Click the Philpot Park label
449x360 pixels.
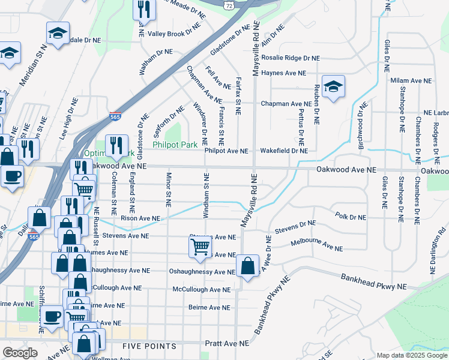[x=175, y=145]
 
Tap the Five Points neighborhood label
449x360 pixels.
[x=149, y=346]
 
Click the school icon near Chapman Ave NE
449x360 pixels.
[x=333, y=88]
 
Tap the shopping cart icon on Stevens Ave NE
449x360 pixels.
[x=200, y=247]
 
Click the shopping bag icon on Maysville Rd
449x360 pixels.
[x=247, y=266]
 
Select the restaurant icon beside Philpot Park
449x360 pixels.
[x=113, y=145]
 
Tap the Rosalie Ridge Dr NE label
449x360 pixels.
[x=291, y=58]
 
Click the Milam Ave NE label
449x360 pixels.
[x=411, y=80]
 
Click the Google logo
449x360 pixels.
[x=20, y=352]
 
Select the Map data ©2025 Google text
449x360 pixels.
[x=412, y=355]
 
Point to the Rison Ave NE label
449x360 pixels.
[x=140, y=219]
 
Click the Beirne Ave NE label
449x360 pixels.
[x=209, y=308]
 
